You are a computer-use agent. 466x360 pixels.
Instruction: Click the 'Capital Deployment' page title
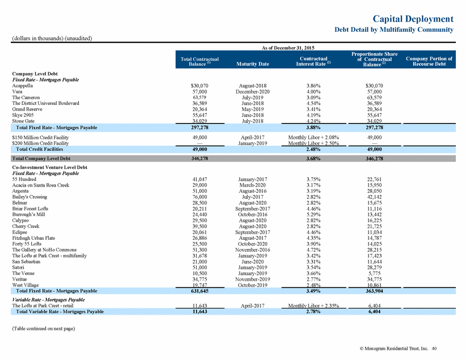413,19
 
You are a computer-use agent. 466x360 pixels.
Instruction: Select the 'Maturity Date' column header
253,64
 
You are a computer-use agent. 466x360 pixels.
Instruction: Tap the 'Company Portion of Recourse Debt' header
429,61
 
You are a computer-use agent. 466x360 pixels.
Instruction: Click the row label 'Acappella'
23,86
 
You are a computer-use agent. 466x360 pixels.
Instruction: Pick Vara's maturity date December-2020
253,92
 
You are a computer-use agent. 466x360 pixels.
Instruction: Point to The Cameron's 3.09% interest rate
314,98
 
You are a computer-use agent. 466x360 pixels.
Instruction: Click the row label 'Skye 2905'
23,115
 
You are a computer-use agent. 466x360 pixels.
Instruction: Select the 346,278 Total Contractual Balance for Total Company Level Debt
200,158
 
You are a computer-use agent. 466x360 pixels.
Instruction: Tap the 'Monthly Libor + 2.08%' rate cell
314,137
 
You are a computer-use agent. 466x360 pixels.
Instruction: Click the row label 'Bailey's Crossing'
29,197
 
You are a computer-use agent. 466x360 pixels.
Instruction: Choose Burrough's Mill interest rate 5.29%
314,214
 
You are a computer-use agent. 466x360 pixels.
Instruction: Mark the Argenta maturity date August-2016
253,191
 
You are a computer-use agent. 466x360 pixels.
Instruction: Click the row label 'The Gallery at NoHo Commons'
44,249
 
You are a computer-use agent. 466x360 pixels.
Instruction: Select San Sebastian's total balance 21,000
200,261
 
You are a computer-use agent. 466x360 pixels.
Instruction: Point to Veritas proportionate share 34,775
375,279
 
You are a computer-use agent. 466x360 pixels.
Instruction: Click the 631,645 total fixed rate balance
200,291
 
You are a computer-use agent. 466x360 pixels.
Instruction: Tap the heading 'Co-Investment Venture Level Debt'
50,167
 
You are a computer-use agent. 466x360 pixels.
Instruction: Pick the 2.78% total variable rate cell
314,312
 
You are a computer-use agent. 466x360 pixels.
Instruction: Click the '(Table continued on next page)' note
44,328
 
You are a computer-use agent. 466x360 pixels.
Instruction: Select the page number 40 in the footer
434,349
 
